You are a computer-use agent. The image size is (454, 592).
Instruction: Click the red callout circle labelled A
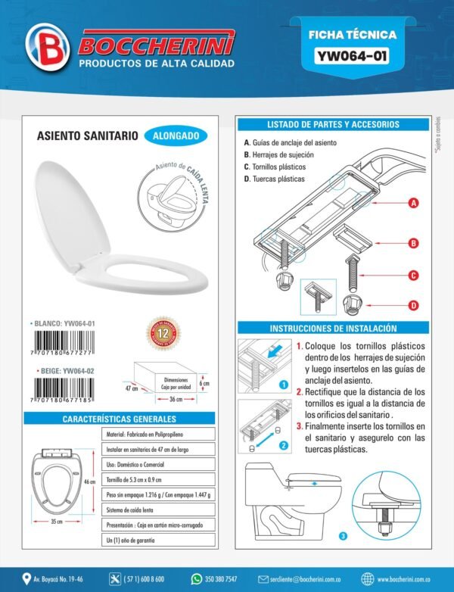click(414, 203)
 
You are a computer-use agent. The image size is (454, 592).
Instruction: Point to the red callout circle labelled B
click(414, 243)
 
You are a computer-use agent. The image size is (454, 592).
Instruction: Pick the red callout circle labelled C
click(414, 276)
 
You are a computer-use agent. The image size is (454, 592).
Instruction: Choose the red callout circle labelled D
click(414, 306)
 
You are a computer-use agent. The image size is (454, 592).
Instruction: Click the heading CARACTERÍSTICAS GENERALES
click(119, 419)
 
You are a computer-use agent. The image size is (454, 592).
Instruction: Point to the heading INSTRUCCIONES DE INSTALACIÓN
click(333, 329)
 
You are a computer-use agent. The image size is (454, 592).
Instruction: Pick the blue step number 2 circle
click(282, 446)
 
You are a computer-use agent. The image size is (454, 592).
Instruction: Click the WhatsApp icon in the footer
click(197, 579)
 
